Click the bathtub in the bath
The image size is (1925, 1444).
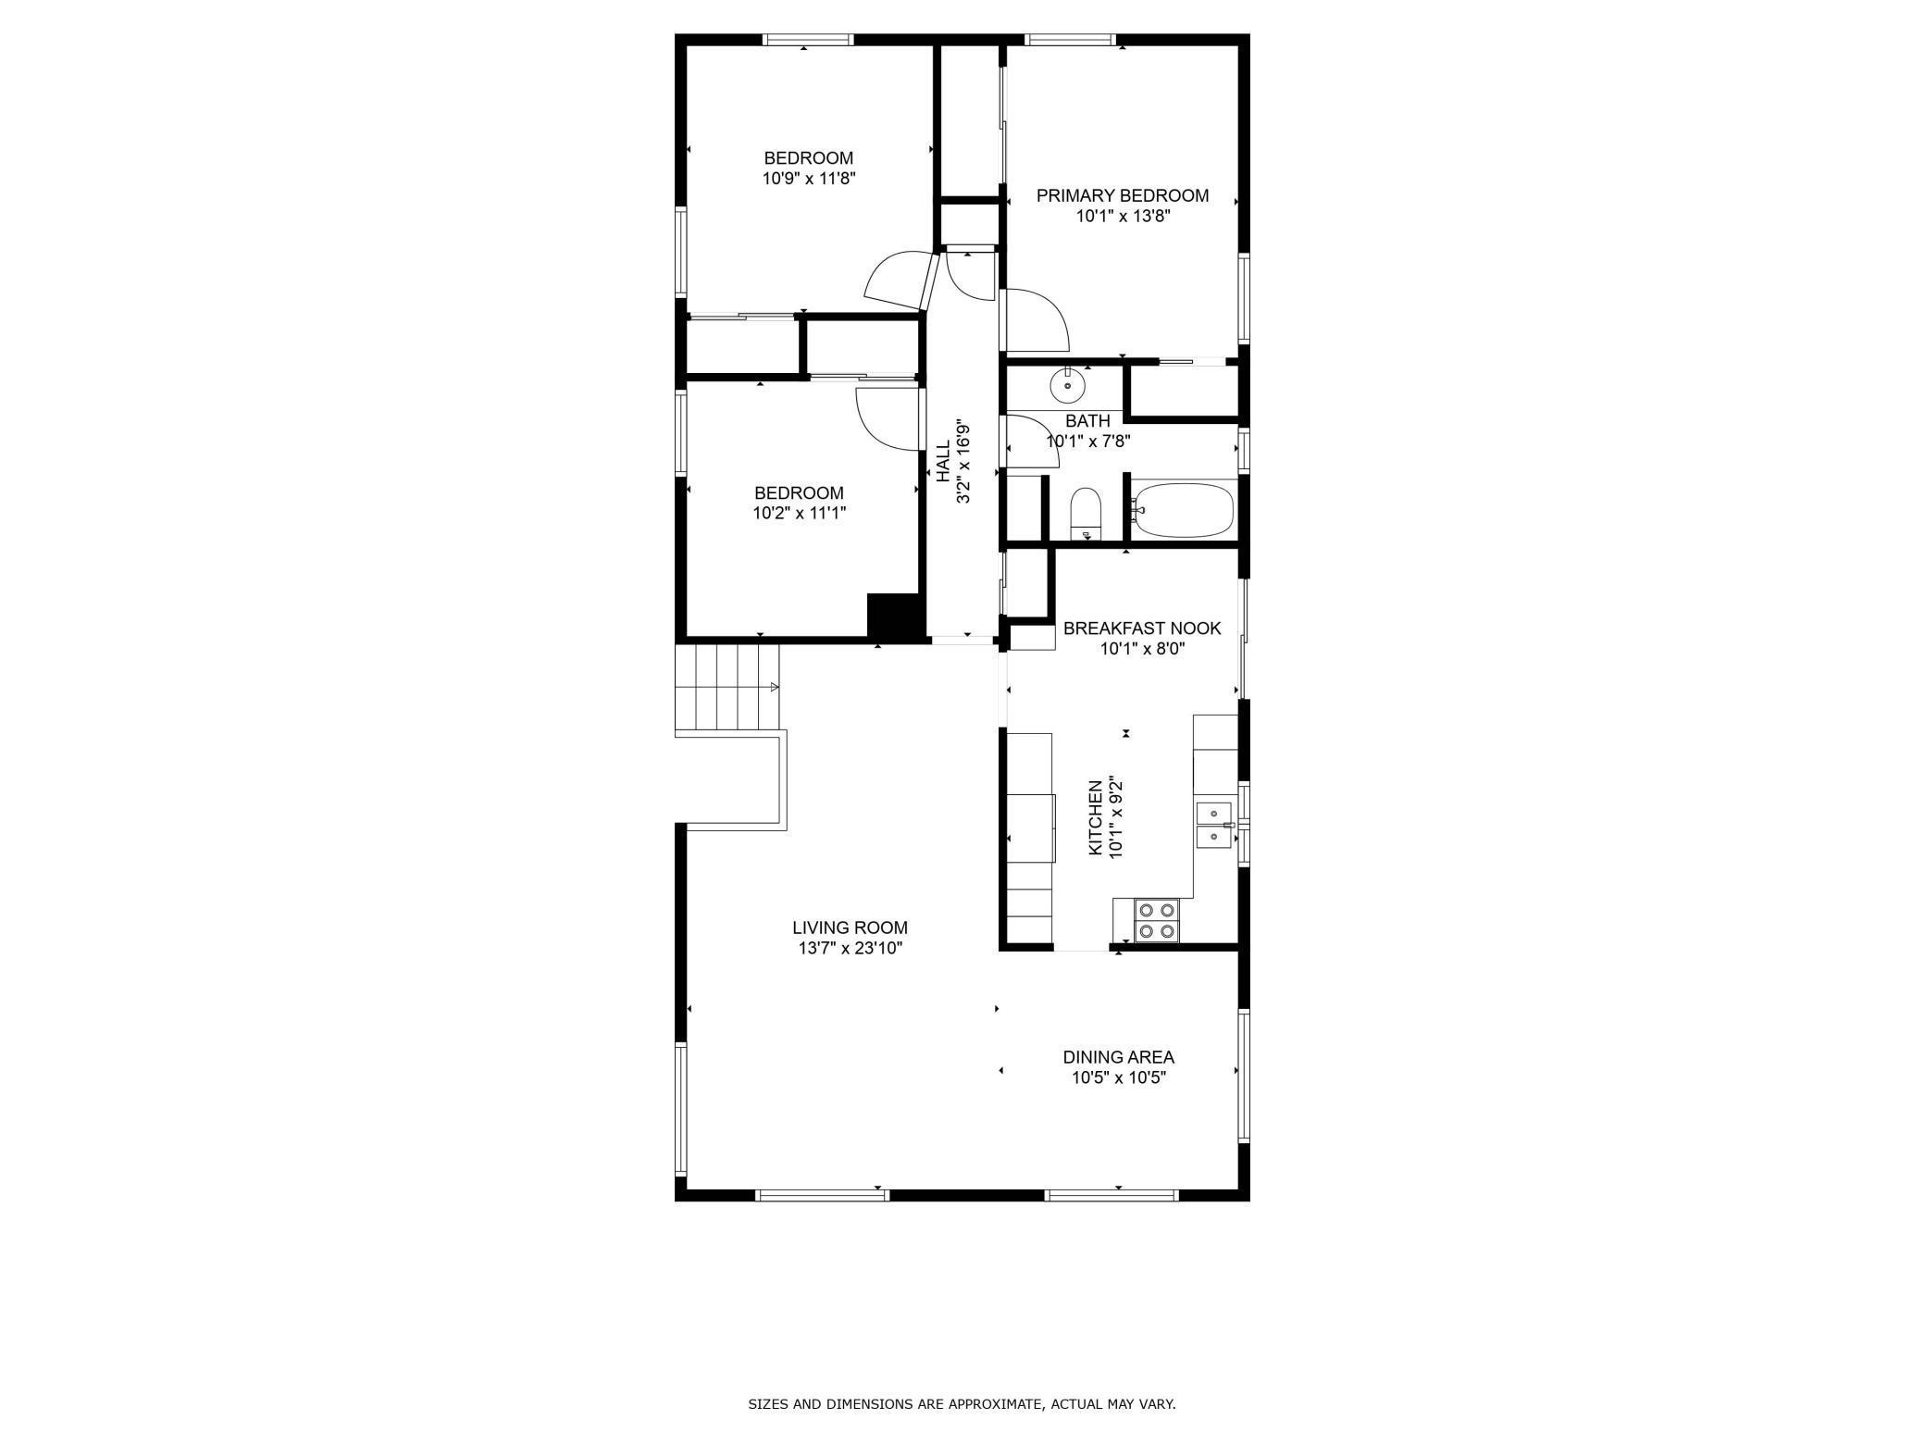tap(1185, 509)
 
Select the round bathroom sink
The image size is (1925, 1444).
tap(1067, 384)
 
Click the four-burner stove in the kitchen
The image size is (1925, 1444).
tap(1157, 921)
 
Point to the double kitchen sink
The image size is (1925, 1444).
tap(1212, 825)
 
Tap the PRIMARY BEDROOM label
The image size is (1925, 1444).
tap(1122, 196)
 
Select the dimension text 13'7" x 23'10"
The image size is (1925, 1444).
tap(850, 949)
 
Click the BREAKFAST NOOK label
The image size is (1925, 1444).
tap(1141, 629)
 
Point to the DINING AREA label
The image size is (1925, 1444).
tap(1118, 1057)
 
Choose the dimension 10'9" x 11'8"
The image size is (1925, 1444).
tap(808, 179)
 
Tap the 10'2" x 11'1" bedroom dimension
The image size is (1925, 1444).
tap(799, 513)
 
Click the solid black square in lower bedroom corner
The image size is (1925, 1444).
tap(895, 616)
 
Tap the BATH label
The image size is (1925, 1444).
tap(1087, 421)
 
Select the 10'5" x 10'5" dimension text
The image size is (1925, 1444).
tap(1118, 1077)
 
